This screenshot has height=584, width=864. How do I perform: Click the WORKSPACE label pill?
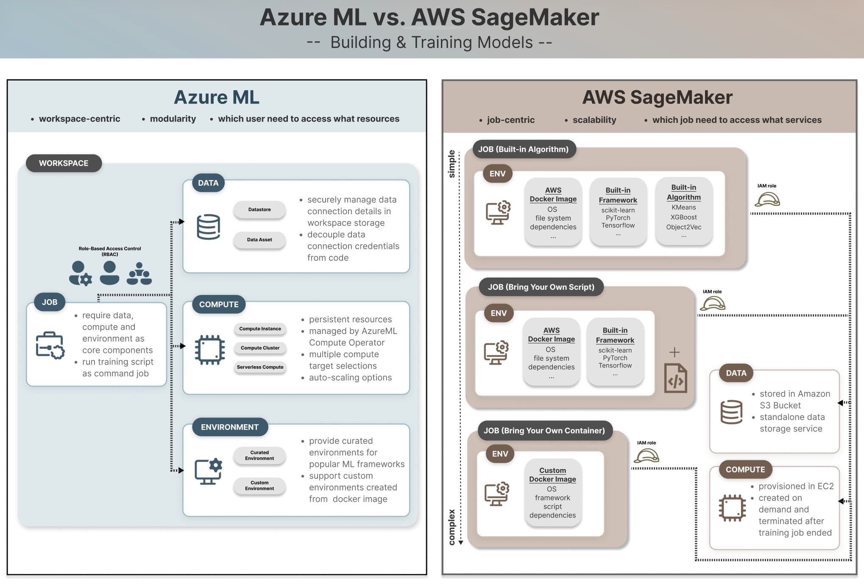[x=64, y=163]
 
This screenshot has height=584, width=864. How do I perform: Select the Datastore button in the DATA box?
[x=259, y=209]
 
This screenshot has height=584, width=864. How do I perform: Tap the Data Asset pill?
[x=259, y=239]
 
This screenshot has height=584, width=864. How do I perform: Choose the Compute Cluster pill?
[x=260, y=348]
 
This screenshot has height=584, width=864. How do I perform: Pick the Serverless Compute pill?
[x=260, y=367]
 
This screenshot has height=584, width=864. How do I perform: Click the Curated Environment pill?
[x=259, y=455]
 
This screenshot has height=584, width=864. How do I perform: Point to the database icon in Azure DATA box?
[x=208, y=227]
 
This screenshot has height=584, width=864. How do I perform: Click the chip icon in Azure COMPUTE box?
[x=209, y=350]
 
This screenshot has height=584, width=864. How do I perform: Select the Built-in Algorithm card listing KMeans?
[x=683, y=211]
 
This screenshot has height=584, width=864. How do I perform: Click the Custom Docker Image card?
[x=552, y=492]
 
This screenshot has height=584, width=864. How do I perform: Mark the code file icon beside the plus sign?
[x=675, y=378]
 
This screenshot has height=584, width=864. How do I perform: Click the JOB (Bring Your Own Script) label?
[x=541, y=287]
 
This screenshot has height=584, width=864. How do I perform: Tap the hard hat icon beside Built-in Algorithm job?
[x=767, y=199]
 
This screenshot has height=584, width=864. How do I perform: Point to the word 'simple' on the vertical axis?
[x=452, y=164]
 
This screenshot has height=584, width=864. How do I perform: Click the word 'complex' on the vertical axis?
[x=452, y=527]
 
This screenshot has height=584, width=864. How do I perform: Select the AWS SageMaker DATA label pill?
[x=736, y=373]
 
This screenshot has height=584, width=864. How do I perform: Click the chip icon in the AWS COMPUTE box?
[x=732, y=508]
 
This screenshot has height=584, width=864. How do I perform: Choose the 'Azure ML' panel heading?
[x=217, y=97]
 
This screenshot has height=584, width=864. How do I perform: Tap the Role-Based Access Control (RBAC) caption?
[x=110, y=251]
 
